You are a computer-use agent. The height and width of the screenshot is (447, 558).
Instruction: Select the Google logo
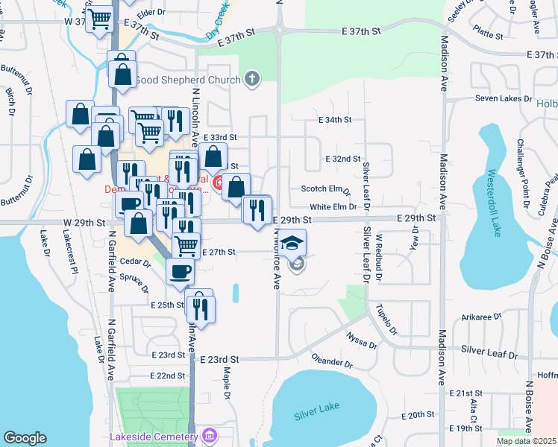[25, 438]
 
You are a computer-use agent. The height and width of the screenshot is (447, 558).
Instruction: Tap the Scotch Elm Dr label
[325, 190]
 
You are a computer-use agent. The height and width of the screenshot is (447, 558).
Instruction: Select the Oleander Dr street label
[332, 361]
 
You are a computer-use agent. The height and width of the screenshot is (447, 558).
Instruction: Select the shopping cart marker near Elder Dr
[99, 19]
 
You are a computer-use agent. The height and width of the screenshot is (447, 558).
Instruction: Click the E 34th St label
[334, 119]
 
